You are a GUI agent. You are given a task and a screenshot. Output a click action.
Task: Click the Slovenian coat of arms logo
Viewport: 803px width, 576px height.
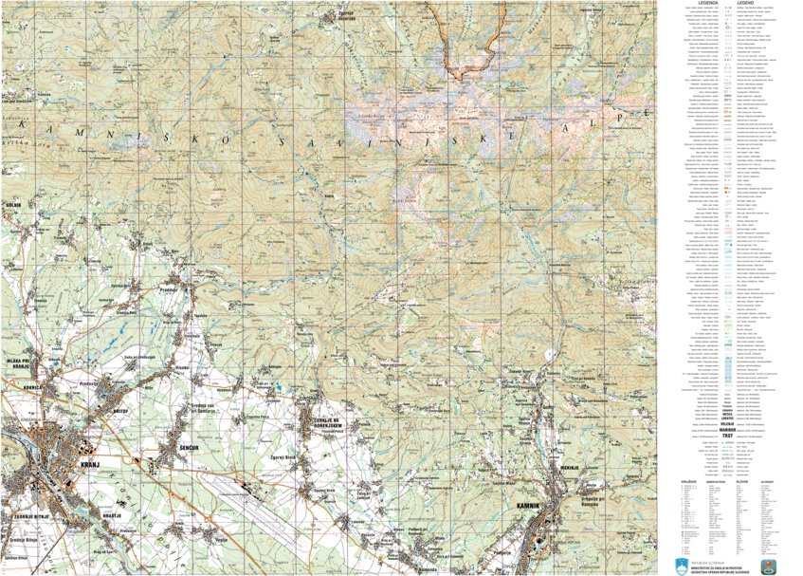coord(680,566)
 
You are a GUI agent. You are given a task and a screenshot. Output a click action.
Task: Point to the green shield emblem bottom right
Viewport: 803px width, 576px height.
coord(766,567)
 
